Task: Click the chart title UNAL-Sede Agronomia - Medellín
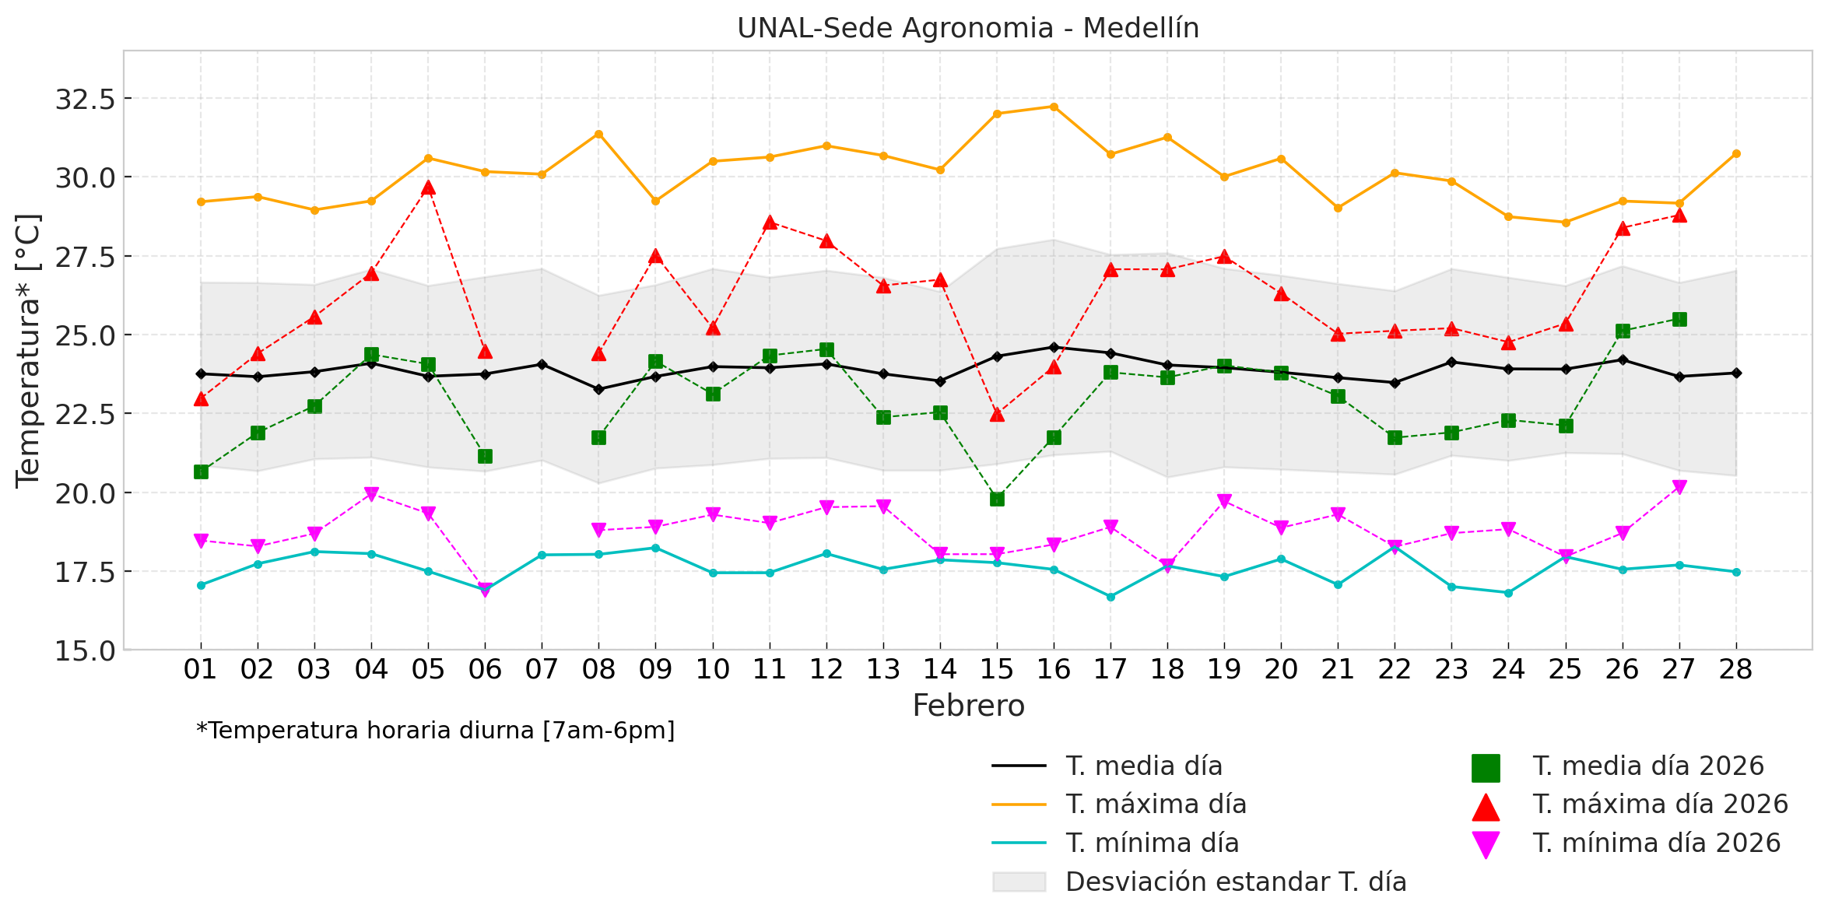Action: (x=967, y=28)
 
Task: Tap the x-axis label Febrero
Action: (x=968, y=706)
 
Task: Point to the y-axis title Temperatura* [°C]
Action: (x=28, y=350)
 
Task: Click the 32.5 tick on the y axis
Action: (x=85, y=100)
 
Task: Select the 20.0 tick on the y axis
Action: (x=85, y=493)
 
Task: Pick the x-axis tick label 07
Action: (x=542, y=669)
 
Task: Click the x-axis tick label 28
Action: (x=1735, y=669)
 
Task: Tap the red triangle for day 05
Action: (x=428, y=188)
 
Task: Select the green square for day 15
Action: (x=997, y=499)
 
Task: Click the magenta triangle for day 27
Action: (x=1679, y=488)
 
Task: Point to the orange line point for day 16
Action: (x=1054, y=107)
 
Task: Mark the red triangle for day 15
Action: (x=997, y=415)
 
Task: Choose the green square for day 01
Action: (x=201, y=472)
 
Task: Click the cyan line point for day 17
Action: (x=1110, y=597)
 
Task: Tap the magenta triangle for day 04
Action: (x=371, y=495)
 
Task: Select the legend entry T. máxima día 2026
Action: (x=1660, y=805)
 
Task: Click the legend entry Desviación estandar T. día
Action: (x=1235, y=882)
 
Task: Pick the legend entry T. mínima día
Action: (x=1152, y=843)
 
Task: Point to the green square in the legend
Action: (x=1485, y=768)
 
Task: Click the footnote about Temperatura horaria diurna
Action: (x=436, y=731)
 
